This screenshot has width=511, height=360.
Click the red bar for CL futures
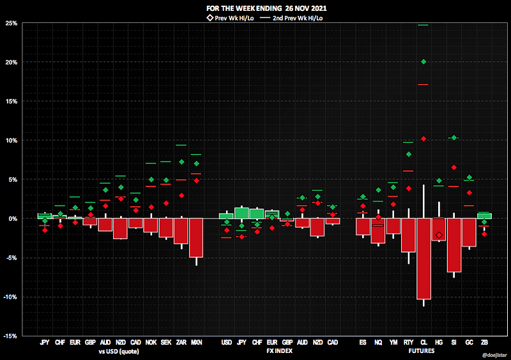pyautogui.click(x=423, y=259)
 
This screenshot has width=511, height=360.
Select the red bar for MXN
pyautogui.click(x=196, y=237)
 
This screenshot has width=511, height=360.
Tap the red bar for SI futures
pyautogui.click(x=454, y=245)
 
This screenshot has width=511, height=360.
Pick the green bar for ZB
pyautogui.click(x=484, y=216)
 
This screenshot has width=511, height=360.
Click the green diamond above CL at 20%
pyautogui.click(x=423, y=62)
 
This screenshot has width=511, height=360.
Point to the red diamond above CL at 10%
pyautogui.click(x=423, y=139)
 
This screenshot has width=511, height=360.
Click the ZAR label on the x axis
pyautogui.click(x=181, y=343)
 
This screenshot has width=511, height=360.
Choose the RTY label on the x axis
pyautogui.click(x=408, y=343)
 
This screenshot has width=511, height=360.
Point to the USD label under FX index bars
pyautogui.click(x=226, y=343)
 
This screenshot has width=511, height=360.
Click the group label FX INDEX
pyautogui.click(x=279, y=351)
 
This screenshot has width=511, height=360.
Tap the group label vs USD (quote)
pyautogui.click(x=120, y=351)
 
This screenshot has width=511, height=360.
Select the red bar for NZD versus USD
pyautogui.click(x=120, y=229)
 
